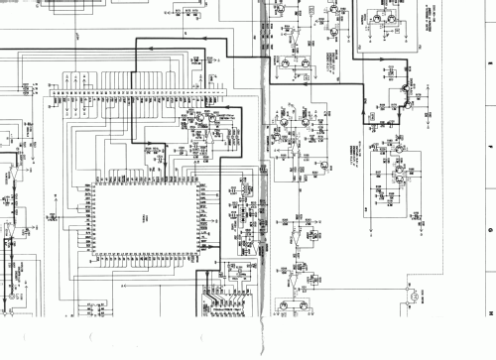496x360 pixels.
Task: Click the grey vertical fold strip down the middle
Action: tap(263, 179)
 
